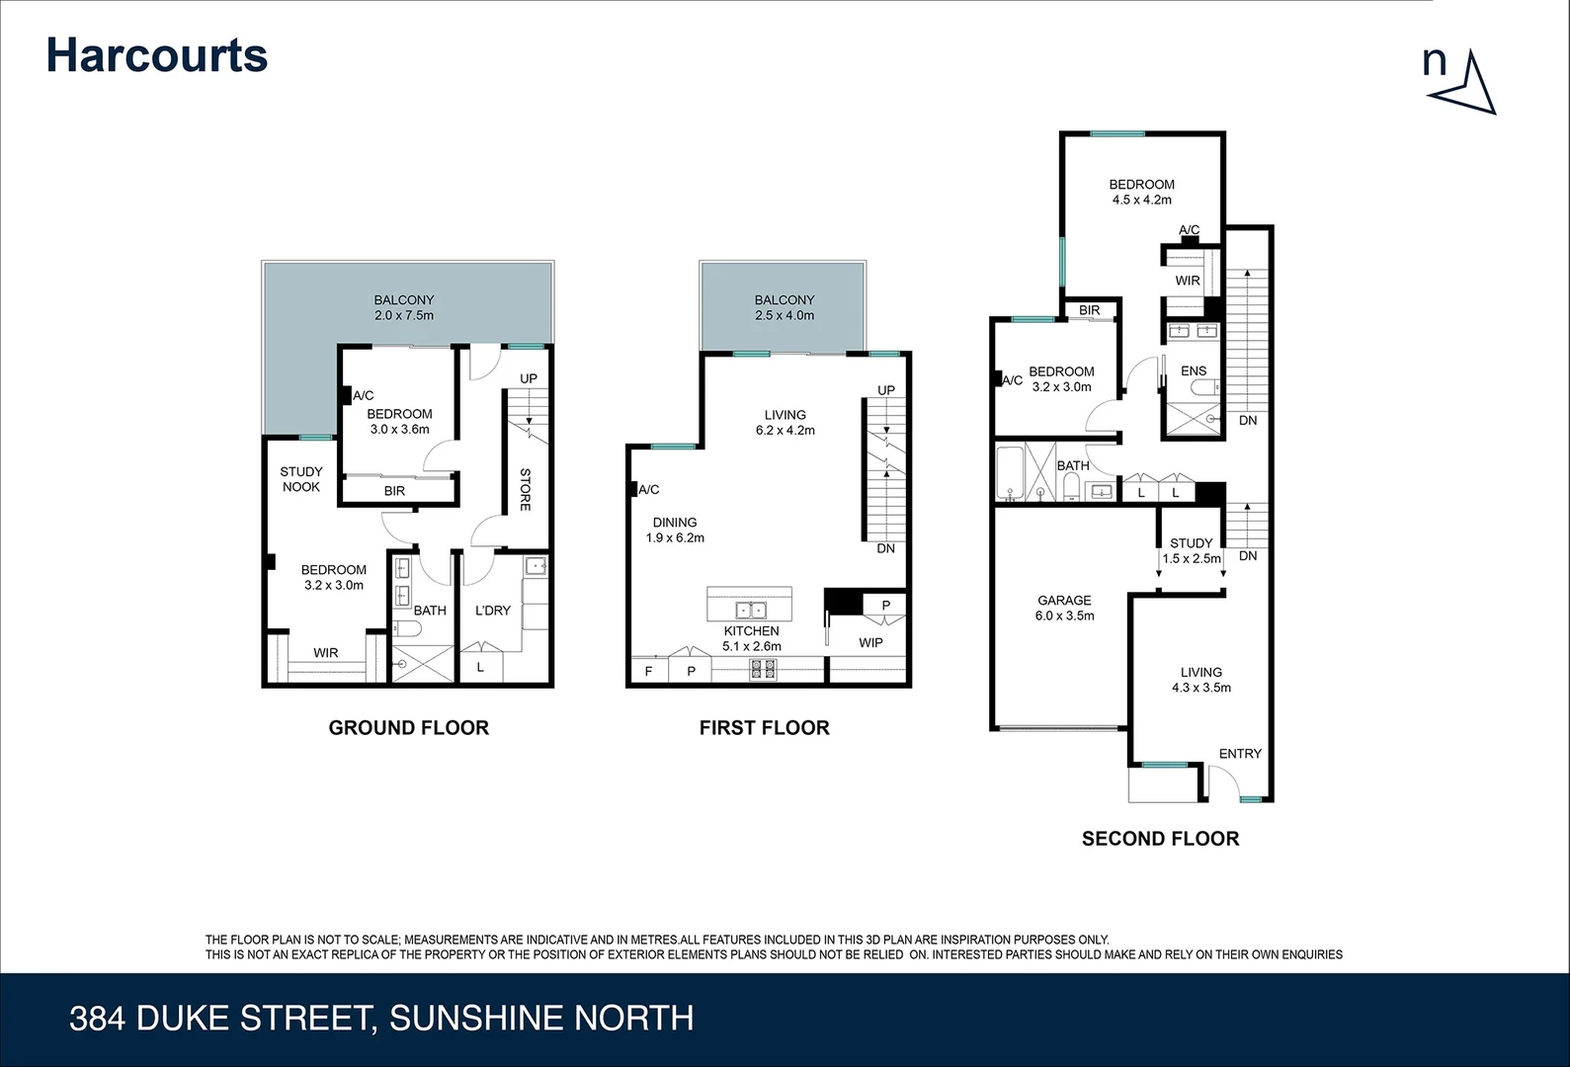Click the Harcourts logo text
pyautogui.click(x=157, y=55)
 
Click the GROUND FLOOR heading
pyautogui.click(x=408, y=728)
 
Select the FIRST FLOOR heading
pyautogui.click(x=764, y=728)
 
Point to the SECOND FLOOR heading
pyautogui.click(x=1160, y=839)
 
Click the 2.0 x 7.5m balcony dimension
pyautogui.click(x=403, y=315)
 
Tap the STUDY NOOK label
pyautogui.click(x=300, y=479)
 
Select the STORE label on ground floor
pyautogui.click(x=525, y=489)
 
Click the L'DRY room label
pyautogui.click(x=492, y=611)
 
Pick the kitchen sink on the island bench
pyautogui.click(x=750, y=610)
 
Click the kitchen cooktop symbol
pyautogui.click(x=764, y=669)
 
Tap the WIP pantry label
pyautogui.click(x=870, y=642)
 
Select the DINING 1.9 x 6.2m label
pyautogui.click(x=675, y=531)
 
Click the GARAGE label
pyautogui.click(x=1064, y=600)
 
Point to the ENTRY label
pyautogui.click(x=1239, y=753)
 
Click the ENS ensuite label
pyautogui.click(x=1194, y=370)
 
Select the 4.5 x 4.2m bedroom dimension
pyautogui.click(x=1141, y=200)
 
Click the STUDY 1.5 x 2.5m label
pyautogui.click(x=1191, y=550)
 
